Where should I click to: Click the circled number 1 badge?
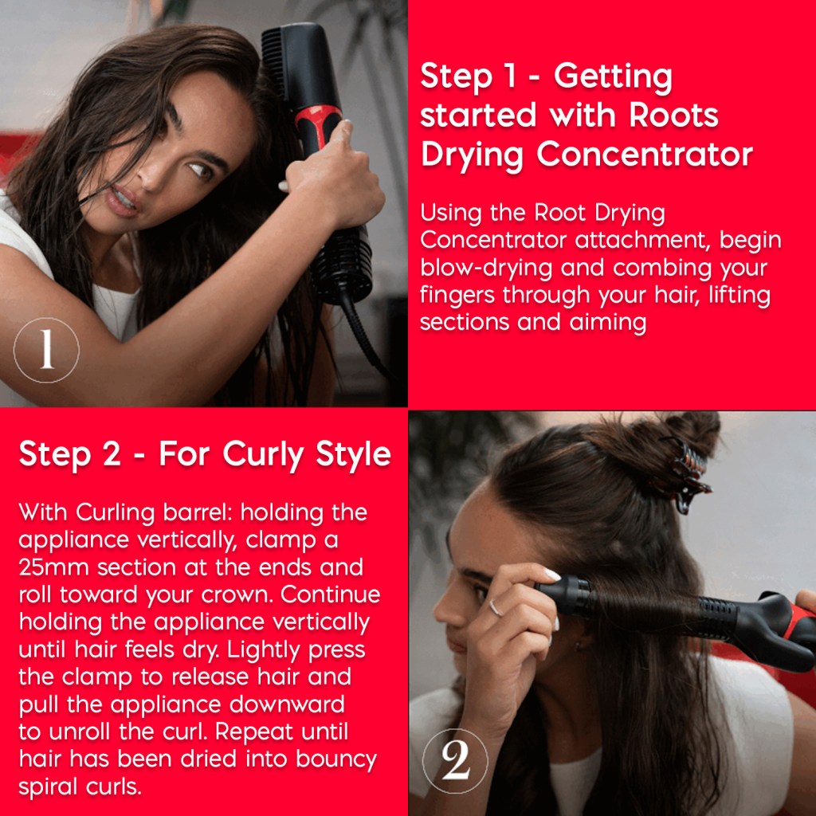[x=46, y=351]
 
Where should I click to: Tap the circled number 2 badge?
[x=455, y=761]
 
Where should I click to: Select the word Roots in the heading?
[x=673, y=116]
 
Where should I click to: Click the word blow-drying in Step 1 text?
[x=486, y=269]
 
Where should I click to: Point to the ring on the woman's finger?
[x=496, y=608]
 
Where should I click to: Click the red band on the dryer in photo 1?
[x=318, y=125]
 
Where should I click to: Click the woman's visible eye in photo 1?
[x=198, y=169]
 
